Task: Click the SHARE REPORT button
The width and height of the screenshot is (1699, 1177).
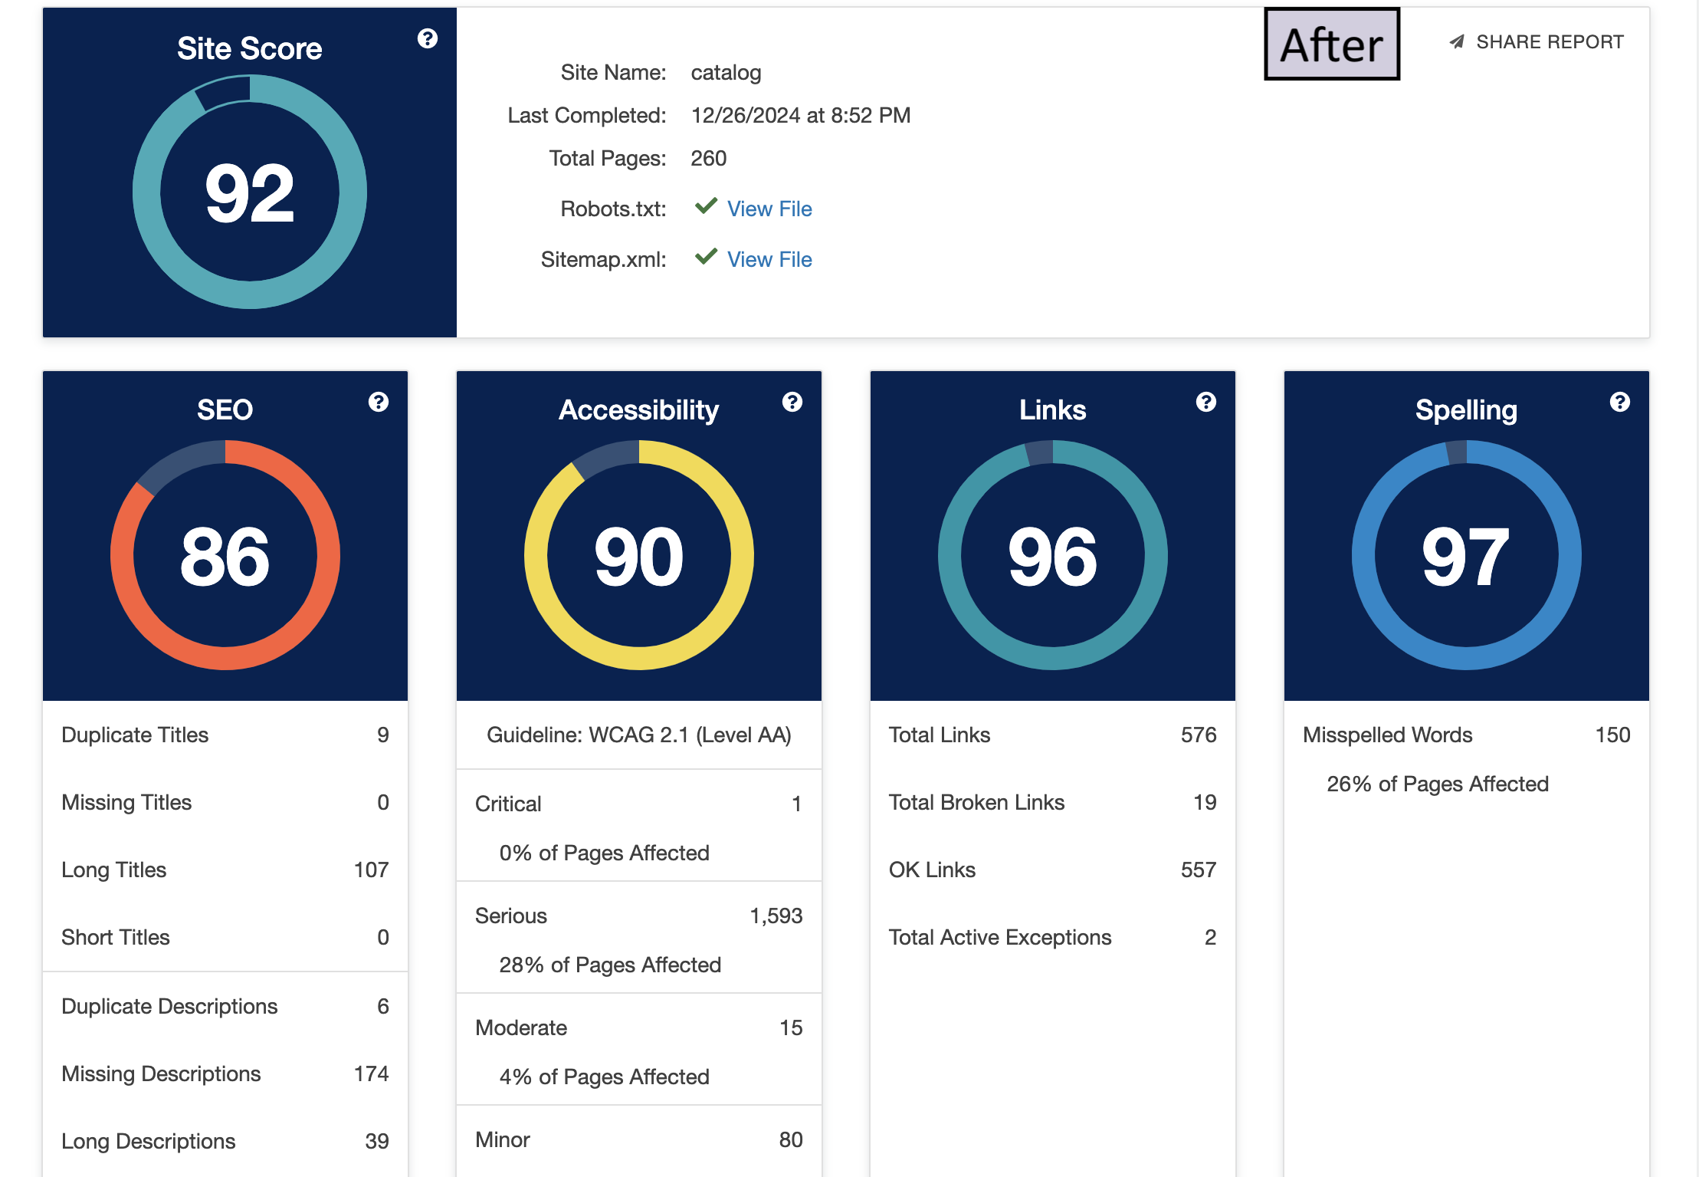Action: coord(1537,42)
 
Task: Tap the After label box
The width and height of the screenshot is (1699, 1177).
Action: coord(1332,44)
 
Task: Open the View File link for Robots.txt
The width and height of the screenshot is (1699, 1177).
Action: coord(769,209)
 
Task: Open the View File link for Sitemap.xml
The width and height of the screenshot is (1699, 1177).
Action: coord(769,259)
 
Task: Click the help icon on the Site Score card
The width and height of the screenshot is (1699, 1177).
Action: coord(428,38)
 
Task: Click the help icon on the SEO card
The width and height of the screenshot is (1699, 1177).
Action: coord(379,402)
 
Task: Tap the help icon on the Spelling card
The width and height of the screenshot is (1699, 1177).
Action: coord(1620,402)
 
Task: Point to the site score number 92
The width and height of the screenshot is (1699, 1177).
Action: coord(250,193)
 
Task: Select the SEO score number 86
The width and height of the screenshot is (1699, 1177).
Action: coord(225,557)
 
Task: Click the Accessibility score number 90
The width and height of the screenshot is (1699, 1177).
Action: coord(639,557)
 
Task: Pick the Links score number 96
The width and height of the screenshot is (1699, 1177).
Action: coord(1053,557)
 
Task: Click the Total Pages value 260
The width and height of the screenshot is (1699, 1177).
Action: coord(708,159)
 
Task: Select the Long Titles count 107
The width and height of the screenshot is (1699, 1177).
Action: coord(371,870)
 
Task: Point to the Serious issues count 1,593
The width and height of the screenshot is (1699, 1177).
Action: coord(776,916)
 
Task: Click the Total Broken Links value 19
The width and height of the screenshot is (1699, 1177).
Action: coord(1205,802)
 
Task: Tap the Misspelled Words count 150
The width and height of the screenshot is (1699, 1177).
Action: coord(1612,735)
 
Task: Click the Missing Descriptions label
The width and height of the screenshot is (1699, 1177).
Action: coord(161,1073)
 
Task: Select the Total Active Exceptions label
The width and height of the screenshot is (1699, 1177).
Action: coord(999,937)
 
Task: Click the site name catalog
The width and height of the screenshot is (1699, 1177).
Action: coord(726,73)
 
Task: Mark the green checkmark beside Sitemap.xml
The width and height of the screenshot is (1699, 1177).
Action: coord(706,256)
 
